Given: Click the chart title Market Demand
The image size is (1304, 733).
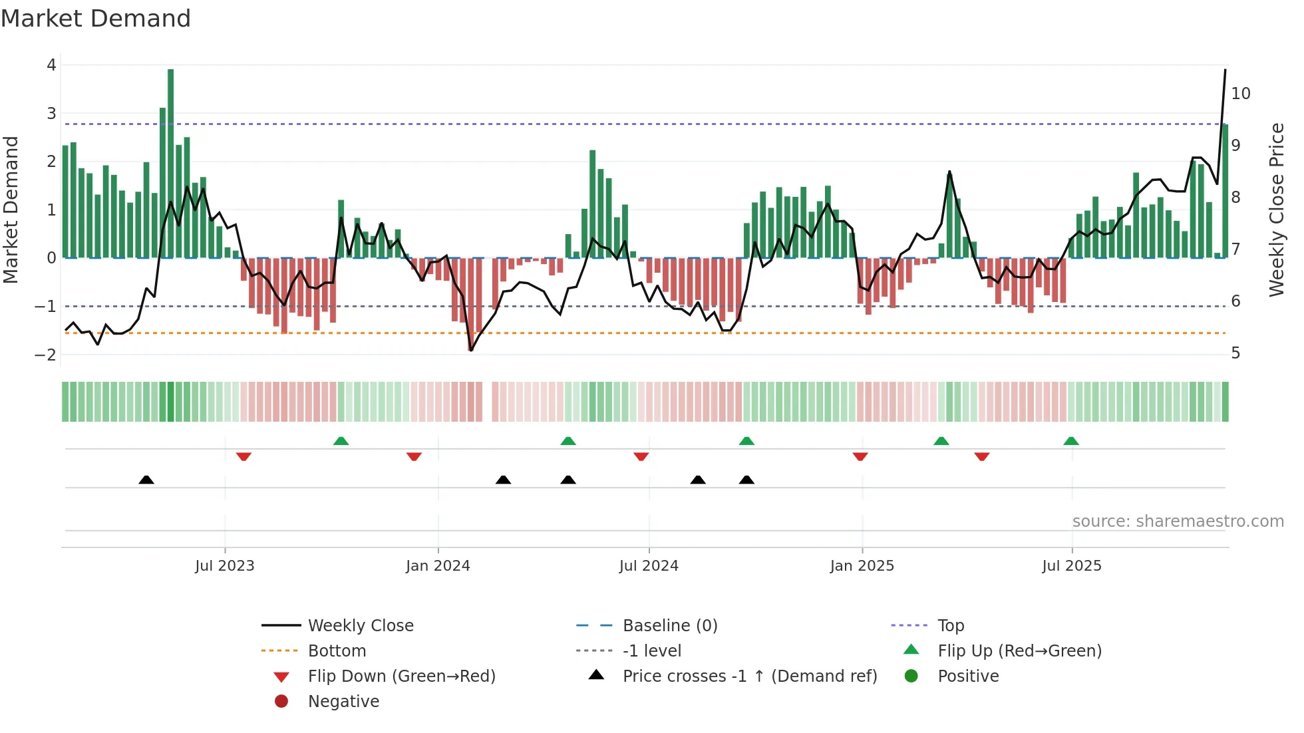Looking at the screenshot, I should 96,19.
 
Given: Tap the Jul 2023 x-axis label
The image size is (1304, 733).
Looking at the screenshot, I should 224,566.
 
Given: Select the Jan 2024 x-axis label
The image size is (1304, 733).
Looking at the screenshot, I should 438,566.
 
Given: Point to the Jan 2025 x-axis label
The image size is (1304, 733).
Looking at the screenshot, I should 862,566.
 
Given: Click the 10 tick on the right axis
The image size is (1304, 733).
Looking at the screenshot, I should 1240,94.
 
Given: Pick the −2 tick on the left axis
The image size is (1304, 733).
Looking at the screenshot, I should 46,355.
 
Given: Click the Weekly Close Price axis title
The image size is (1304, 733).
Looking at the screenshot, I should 1276,210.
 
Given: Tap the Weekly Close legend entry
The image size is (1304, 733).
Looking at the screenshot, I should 360,626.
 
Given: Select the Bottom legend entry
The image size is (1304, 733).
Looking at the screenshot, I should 337,651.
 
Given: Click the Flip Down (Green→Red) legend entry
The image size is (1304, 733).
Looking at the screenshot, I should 401,676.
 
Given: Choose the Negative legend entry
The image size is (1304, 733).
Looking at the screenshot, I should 343,702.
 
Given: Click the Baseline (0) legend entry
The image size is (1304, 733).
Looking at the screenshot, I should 669,626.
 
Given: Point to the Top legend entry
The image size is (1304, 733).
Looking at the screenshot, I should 950,626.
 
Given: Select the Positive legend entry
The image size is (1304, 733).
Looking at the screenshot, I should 967,676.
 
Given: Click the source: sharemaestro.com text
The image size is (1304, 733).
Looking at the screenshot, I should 1178,521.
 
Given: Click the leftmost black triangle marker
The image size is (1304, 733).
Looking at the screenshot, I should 146,480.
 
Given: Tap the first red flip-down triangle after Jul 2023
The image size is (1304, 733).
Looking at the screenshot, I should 244,456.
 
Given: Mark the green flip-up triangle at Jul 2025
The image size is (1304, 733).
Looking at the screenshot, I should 1070,441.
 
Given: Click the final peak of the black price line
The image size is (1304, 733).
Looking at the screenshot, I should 1225,70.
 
